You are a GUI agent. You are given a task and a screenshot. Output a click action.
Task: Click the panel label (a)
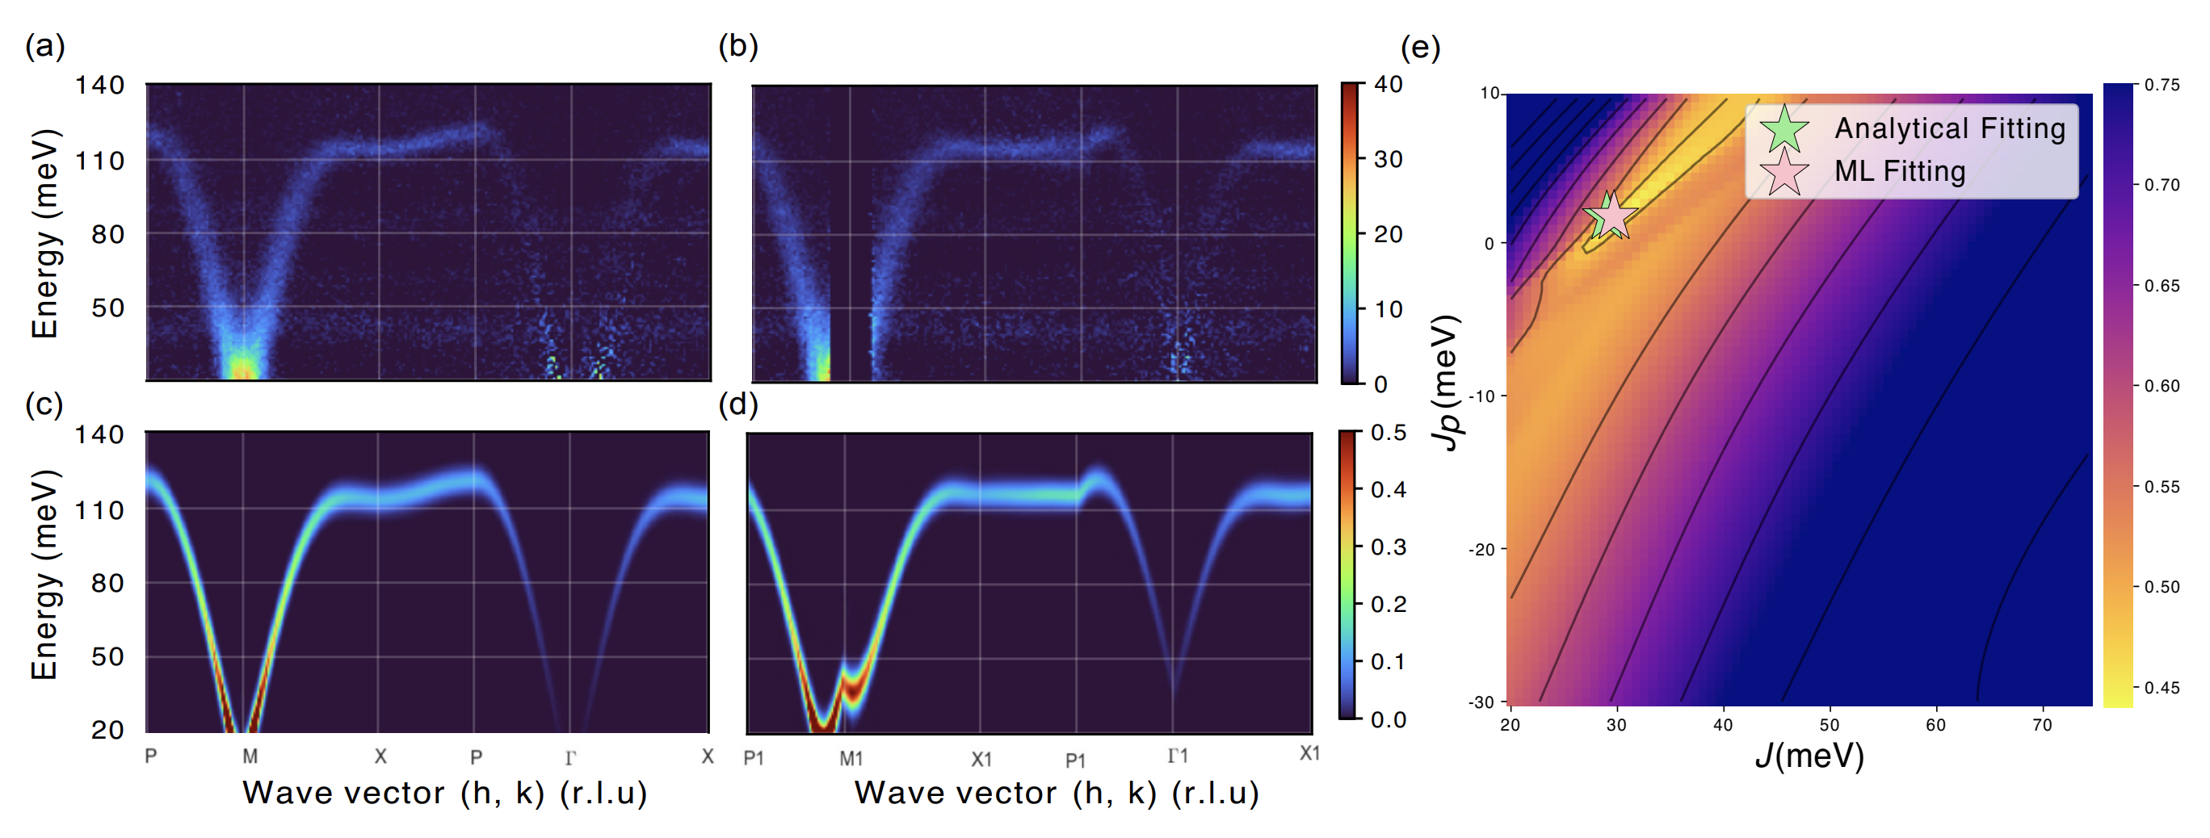click(x=44, y=45)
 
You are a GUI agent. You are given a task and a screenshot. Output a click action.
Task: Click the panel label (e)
click(x=1420, y=47)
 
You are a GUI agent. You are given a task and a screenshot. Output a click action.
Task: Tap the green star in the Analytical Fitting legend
click(x=1784, y=128)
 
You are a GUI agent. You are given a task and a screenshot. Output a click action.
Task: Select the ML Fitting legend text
click(x=1900, y=171)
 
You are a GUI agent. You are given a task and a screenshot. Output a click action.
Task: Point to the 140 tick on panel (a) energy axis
click(x=100, y=85)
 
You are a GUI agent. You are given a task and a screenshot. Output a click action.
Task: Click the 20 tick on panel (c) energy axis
click(x=108, y=730)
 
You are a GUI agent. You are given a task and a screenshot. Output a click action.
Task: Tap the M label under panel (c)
click(x=250, y=756)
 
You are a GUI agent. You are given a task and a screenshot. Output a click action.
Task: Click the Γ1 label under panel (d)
click(x=1178, y=756)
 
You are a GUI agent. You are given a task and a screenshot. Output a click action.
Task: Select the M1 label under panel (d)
click(x=851, y=758)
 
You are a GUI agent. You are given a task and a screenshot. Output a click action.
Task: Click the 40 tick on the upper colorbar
click(x=1388, y=84)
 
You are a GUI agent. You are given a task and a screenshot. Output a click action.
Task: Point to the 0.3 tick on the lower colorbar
click(x=1388, y=547)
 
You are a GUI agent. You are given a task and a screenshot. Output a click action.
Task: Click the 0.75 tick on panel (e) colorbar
click(x=2161, y=85)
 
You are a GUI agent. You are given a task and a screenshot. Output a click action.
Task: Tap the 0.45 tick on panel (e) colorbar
click(x=2161, y=688)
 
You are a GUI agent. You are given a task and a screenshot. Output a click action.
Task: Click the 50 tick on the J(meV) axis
click(x=1829, y=726)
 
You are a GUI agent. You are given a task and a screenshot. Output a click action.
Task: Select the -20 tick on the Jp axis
click(x=1482, y=550)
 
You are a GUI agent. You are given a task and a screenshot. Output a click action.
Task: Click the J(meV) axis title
click(x=1809, y=756)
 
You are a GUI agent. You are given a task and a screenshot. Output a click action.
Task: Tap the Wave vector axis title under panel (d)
click(x=1056, y=794)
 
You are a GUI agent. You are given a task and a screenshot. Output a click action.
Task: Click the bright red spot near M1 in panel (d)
click(x=853, y=686)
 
